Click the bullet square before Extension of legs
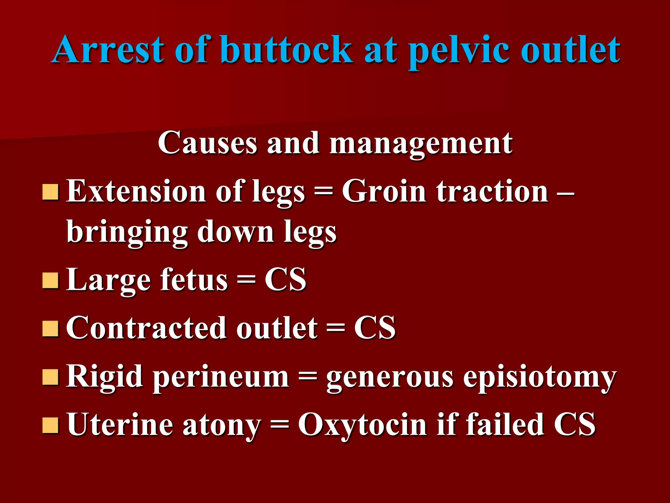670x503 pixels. [50, 192]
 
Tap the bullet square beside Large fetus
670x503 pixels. [50, 280]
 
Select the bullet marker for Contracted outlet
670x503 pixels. [50, 328]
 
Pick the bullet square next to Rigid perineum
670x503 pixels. [50, 377]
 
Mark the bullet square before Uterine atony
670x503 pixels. [50, 425]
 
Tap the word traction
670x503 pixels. [492, 191]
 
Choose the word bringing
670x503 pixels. [127, 233]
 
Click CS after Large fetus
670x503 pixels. [285, 280]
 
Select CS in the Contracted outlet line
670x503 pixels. [375, 328]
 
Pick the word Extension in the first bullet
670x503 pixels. [136, 191]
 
